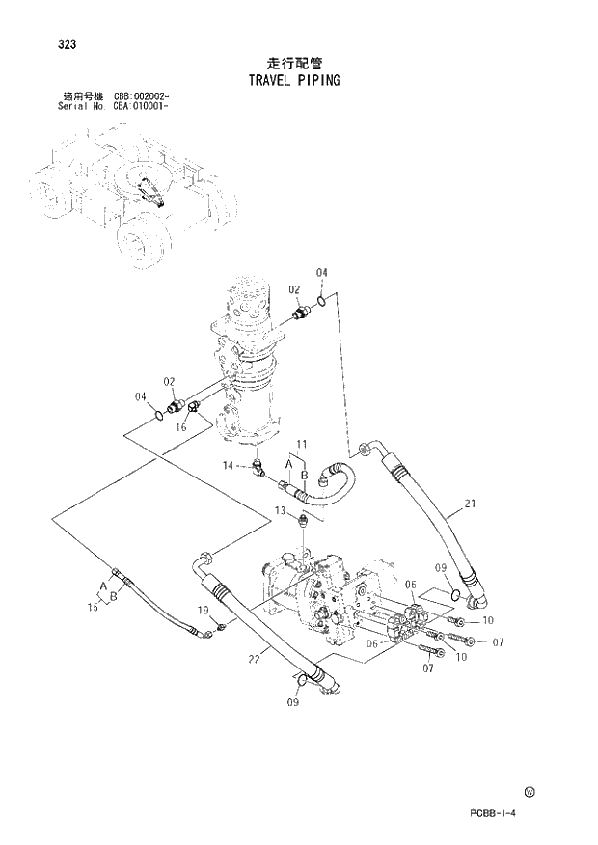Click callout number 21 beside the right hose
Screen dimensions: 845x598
point(470,504)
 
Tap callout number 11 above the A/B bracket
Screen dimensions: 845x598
point(301,444)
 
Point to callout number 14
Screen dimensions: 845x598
point(229,466)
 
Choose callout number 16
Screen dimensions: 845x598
point(180,427)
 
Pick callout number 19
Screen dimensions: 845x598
point(204,610)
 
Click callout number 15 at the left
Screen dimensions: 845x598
point(94,607)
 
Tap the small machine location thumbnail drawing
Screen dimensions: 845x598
point(130,188)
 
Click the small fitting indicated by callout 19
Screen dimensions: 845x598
point(221,629)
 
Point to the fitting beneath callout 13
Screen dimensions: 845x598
point(303,522)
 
